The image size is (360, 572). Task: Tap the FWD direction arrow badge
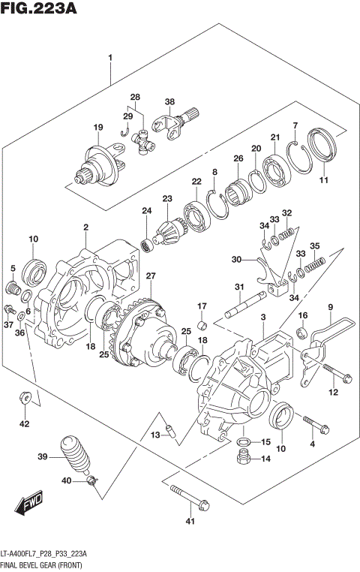pyautogui.click(x=31, y=504)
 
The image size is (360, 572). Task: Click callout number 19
pyautogui.click(x=97, y=128)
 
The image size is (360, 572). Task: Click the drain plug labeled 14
pyautogui.click(x=244, y=459)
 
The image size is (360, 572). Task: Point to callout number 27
pyautogui.click(x=151, y=277)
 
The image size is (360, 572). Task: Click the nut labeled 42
pyautogui.click(x=24, y=398)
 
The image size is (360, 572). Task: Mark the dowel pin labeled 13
pyautogui.click(x=169, y=432)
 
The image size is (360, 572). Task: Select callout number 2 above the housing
pyautogui.click(x=86, y=227)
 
